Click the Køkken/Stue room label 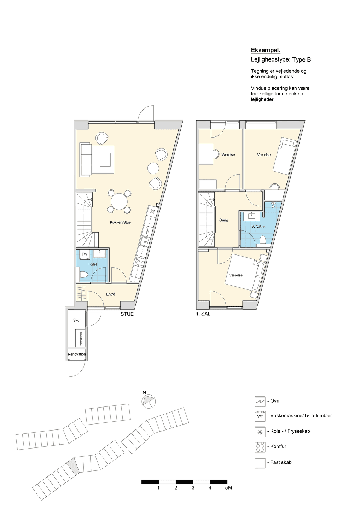[120, 222]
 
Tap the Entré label [111, 294]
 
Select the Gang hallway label [223, 220]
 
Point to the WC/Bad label [259, 227]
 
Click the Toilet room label [93, 264]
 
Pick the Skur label [77, 320]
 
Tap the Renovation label [77, 354]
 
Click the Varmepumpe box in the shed [81, 338]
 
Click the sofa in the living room [86, 159]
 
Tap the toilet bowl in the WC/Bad [263, 240]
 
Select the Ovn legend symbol [260, 401]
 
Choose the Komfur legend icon [260, 447]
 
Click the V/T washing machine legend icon [260, 416]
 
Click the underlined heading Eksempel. [266, 50]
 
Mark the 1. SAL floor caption [203, 314]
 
